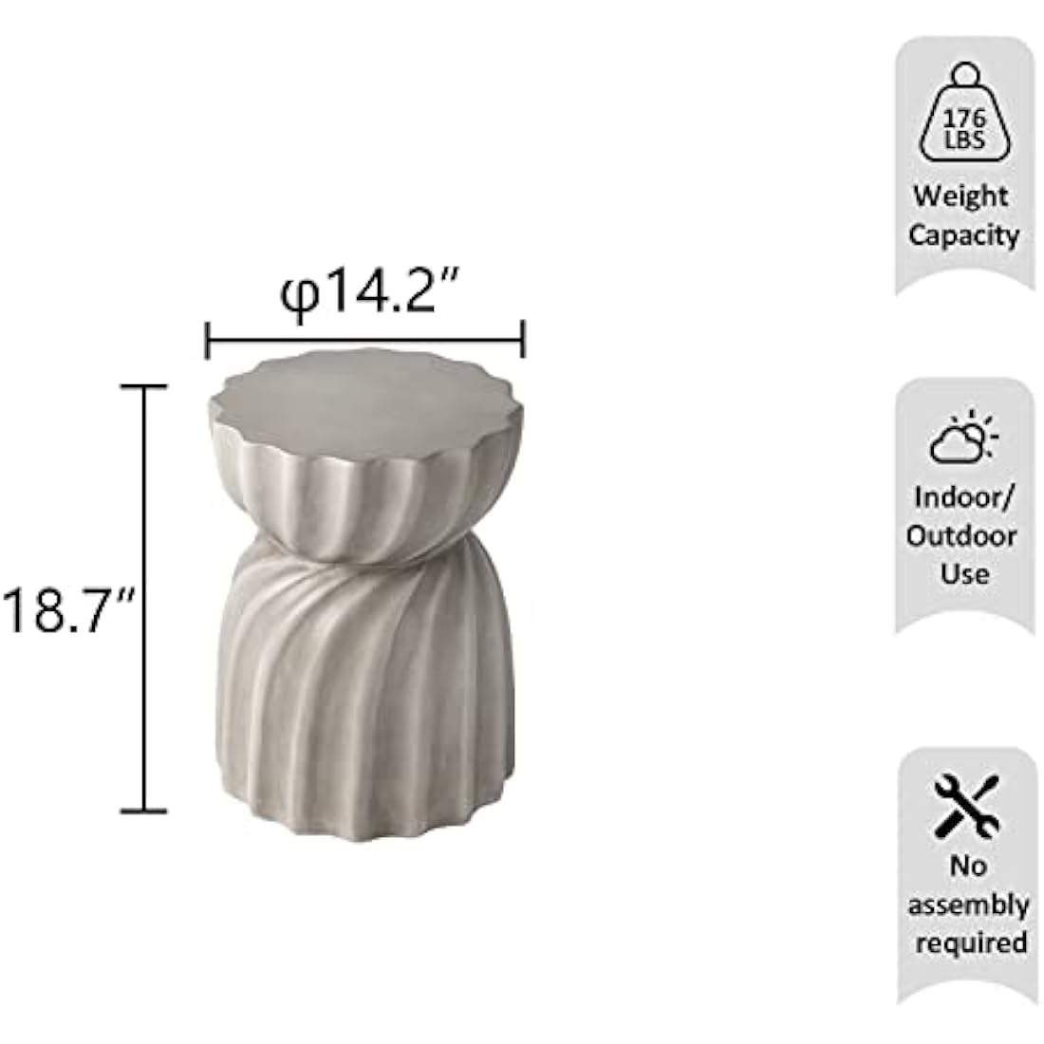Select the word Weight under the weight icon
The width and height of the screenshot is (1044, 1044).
pos(960,196)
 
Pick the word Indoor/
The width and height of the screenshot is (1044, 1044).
pos(963,496)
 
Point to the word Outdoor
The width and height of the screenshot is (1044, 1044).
pos(961,535)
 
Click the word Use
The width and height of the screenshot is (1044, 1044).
pos(964,573)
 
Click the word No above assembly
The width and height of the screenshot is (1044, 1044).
pos(967,866)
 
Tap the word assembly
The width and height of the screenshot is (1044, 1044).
pos(967,904)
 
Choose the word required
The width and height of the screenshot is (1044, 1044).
pos(967,942)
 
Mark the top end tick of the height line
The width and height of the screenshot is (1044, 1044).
pos(142,386)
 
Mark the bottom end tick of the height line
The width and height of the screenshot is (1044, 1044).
pos(142,811)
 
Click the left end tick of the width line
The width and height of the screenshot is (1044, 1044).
pos(207,339)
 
